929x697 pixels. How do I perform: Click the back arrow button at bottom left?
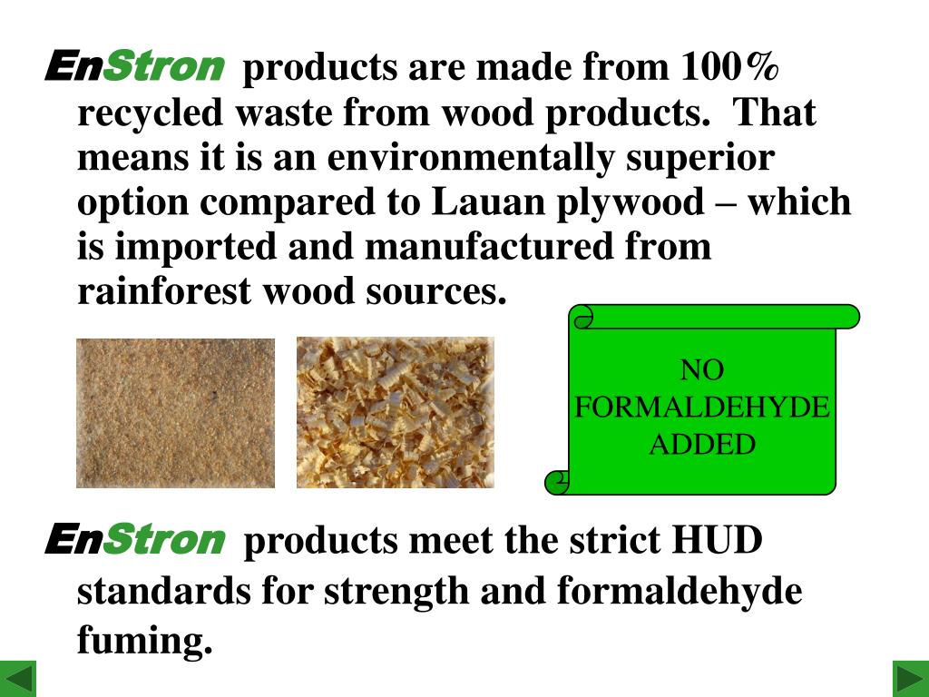tap(18, 678)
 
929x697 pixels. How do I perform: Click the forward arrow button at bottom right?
tap(910, 678)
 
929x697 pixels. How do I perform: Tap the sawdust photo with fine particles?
tap(175, 413)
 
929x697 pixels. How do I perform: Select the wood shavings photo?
tap(396, 413)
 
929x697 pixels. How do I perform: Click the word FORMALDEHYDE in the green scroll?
tap(702, 407)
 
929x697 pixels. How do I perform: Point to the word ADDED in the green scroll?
tap(702, 445)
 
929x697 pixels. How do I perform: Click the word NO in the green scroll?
tap(702, 370)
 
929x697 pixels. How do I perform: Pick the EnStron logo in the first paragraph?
tap(134, 66)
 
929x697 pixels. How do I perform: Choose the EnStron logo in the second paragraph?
tap(134, 540)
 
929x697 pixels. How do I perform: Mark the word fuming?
tap(144, 642)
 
